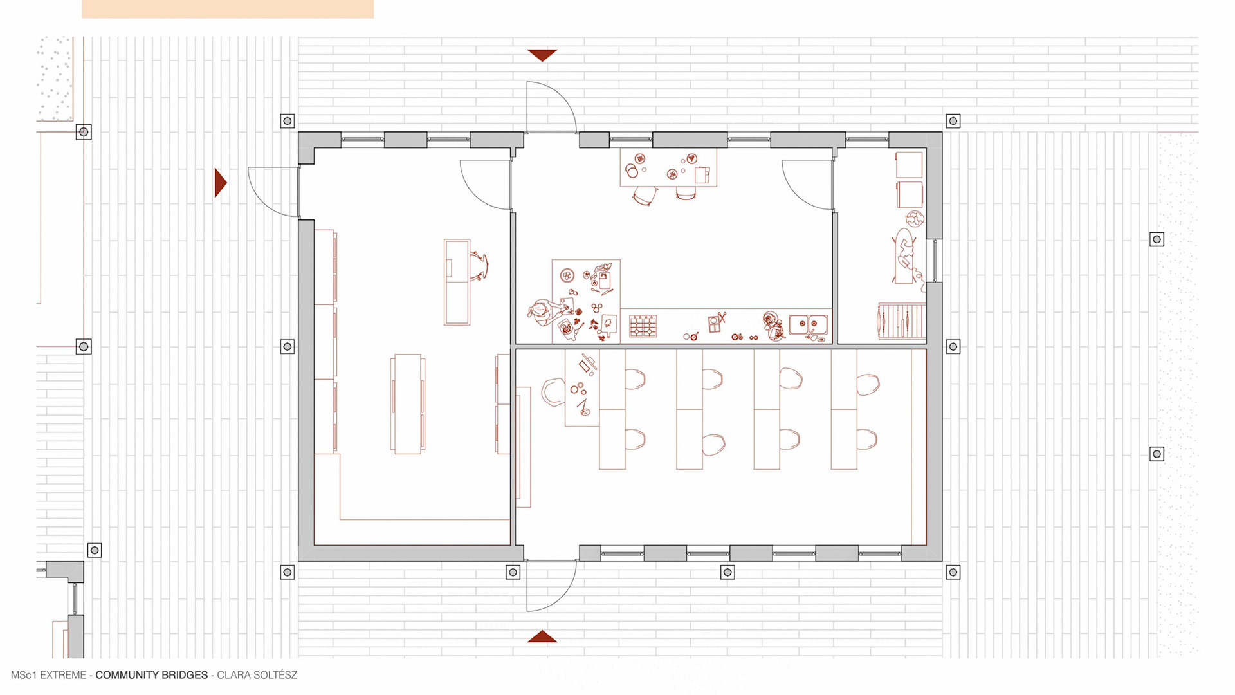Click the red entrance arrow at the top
[x=542, y=55]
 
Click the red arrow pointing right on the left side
[x=220, y=183]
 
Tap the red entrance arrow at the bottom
[x=542, y=636]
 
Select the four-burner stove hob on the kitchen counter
[x=643, y=326]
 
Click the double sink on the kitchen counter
[x=809, y=324]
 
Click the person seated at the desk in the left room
[x=480, y=266]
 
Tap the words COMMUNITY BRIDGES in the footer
[x=152, y=675]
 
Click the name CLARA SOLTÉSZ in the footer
[x=257, y=675]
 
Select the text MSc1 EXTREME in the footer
[x=48, y=675]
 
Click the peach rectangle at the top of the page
[x=228, y=9]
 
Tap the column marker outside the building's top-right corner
[x=953, y=121]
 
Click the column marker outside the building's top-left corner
[x=288, y=121]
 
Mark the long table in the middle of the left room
[x=408, y=403]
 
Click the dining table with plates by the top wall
[x=668, y=167]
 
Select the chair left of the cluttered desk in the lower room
[x=552, y=392]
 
